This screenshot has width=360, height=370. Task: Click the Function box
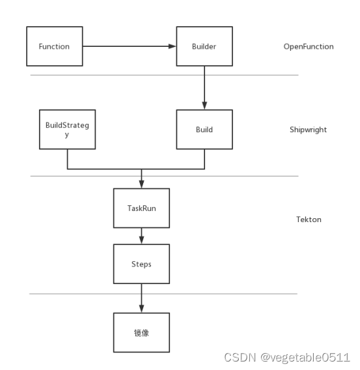54,47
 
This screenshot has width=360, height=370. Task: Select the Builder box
204,47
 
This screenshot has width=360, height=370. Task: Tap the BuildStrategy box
67,130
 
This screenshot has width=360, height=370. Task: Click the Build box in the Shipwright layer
204,130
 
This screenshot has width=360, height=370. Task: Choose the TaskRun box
141,208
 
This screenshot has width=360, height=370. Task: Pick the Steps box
141,264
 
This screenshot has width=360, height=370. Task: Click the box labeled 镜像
141,332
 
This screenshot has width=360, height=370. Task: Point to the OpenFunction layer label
309,47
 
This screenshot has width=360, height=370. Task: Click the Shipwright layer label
308,130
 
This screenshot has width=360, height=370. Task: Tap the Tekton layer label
309,220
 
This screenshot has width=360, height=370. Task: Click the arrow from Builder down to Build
204,87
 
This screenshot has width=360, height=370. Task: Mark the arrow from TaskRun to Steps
141,236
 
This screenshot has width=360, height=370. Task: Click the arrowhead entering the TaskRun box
141,185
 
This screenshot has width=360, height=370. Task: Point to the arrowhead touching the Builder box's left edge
173,47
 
